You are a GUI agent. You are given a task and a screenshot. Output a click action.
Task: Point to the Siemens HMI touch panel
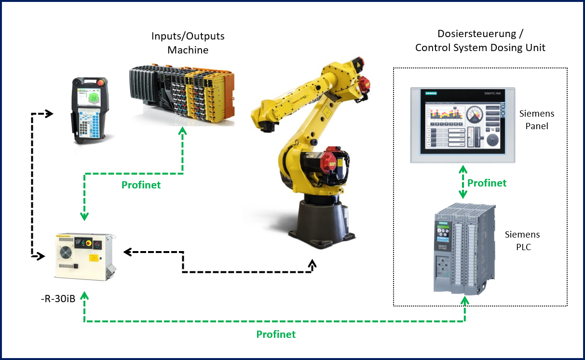[x=463, y=125]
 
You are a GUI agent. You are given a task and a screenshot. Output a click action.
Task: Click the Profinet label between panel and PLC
[x=487, y=183]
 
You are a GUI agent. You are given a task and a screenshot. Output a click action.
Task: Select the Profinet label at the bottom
[x=276, y=334]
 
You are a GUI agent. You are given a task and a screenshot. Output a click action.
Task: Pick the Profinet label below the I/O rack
[x=141, y=185]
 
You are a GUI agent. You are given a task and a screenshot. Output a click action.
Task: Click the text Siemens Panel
[x=537, y=119]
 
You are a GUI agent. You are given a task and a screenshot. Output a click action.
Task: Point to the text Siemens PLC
[x=522, y=240]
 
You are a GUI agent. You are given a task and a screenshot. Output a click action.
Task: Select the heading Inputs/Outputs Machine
[x=188, y=43]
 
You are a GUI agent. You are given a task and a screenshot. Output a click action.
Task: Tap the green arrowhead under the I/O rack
[x=182, y=131]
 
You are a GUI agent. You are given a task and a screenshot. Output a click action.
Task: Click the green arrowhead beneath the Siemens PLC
[x=465, y=301]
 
